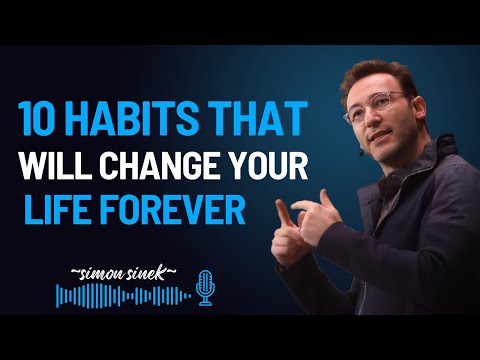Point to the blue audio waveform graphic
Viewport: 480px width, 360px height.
[x=121, y=296]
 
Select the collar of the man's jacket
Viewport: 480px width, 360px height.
[x=400, y=176]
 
